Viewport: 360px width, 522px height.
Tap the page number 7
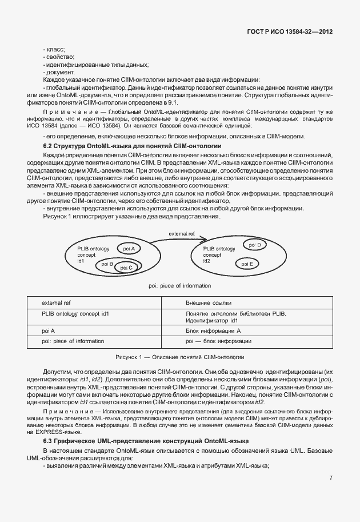pos(331,493)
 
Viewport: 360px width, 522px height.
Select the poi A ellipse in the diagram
pos(129,249)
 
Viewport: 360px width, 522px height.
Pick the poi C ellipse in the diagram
pos(126,267)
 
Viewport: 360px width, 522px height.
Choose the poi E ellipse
pos(247,264)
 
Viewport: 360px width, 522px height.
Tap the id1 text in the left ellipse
pos(81,261)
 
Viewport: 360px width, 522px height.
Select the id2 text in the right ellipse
pos(207,261)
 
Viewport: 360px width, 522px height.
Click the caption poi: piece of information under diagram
pos(179,285)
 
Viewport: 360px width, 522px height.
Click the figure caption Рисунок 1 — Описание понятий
pos(179,357)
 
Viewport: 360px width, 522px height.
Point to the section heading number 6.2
pos(49,146)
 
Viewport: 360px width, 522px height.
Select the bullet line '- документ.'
pos(58,72)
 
